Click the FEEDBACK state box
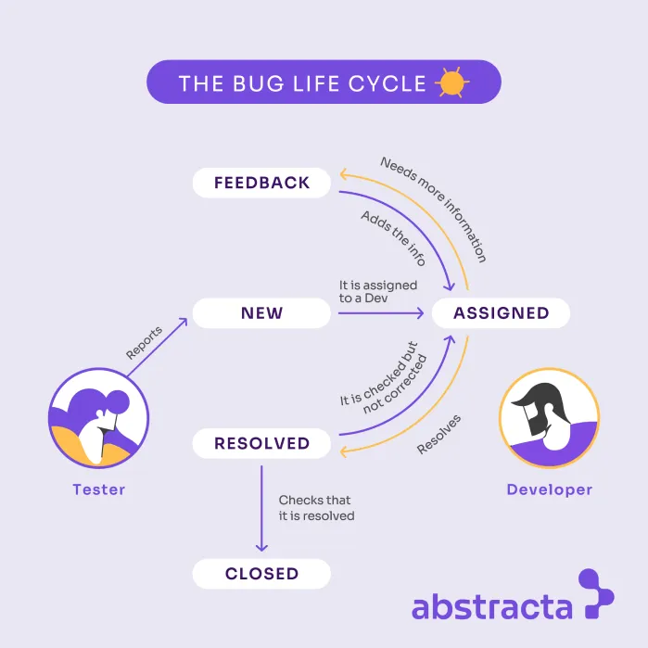click(x=261, y=183)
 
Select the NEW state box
click(x=261, y=313)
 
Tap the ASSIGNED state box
click(x=501, y=313)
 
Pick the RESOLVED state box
click(x=261, y=443)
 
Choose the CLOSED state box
click(x=261, y=574)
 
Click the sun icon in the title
click(x=451, y=83)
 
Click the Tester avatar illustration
click(x=99, y=414)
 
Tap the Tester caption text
click(x=99, y=489)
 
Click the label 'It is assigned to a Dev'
click(x=378, y=291)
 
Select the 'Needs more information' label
click(x=433, y=209)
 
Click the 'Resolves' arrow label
click(x=438, y=434)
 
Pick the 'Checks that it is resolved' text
click(x=316, y=508)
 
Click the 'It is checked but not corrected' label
click(x=380, y=375)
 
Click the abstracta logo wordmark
click(x=491, y=607)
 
